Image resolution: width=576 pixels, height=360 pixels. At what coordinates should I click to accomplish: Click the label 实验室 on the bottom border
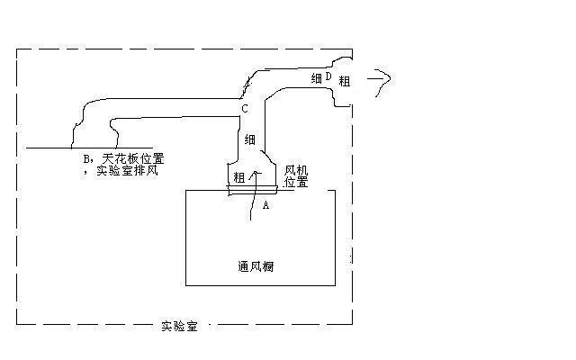(179, 325)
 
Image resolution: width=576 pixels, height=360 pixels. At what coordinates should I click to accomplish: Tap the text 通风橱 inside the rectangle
(256, 266)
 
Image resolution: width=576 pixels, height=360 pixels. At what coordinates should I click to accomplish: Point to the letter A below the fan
(265, 205)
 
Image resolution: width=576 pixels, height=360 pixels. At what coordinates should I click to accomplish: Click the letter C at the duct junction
(244, 109)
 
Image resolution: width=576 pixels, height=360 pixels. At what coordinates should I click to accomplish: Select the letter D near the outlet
(328, 77)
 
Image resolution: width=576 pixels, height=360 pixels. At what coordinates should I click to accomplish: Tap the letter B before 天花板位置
(86, 157)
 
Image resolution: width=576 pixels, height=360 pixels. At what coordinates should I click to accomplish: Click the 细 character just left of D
(317, 79)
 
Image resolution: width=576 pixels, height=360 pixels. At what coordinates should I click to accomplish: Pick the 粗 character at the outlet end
(345, 81)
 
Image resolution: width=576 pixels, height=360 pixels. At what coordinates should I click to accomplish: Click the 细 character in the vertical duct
(249, 140)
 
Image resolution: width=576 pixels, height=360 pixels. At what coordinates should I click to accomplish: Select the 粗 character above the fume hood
(238, 176)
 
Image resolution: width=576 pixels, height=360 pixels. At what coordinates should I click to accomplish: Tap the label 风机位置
(296, 175)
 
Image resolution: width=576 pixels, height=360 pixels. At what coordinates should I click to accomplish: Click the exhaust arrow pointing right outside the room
(378, 79)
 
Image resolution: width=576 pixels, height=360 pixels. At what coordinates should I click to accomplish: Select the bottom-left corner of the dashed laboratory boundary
(17, 323)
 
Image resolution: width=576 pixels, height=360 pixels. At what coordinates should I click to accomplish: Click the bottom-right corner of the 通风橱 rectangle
(335, 285)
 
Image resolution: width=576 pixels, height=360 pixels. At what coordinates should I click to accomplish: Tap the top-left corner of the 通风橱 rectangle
(185, 190)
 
